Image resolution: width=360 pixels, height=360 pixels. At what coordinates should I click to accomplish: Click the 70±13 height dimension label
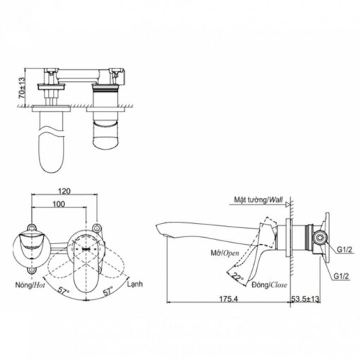pyautogui.click(x=22, y=88)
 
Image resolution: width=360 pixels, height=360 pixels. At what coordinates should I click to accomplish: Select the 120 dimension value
pyautogui.click(x=64, y=191)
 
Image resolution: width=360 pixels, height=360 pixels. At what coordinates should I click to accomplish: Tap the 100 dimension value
pyautogui.click(x=59, y=204)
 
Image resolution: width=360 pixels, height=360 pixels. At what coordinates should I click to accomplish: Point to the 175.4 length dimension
pyautogui.click(x=229, y=299)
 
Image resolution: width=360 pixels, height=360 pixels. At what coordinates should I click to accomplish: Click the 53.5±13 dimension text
pyautogui.click(x=305, y=299)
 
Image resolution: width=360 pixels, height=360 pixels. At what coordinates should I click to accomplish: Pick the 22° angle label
pyautogui.click(x=238, y=277)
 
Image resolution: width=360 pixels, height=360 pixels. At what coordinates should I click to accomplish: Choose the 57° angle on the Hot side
pyautogui.click(x=64, y=292)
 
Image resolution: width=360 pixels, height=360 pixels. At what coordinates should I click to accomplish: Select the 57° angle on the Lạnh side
pyautogui.click(x=109, y=292)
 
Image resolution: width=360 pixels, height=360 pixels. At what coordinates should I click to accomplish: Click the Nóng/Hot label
pyautogui.click(x=30, y=285)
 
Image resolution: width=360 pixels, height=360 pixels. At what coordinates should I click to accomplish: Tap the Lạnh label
pyautogui.click(x=135, y=284)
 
